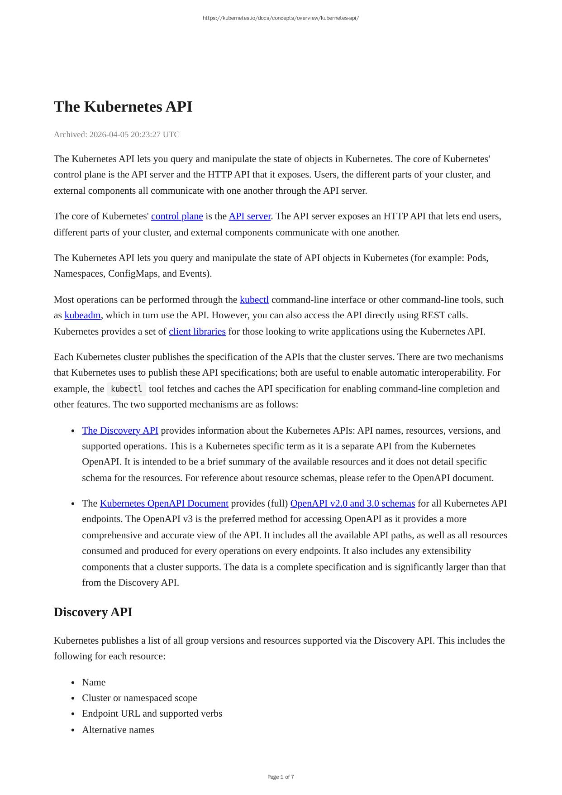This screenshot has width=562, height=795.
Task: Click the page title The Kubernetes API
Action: coord(123,107)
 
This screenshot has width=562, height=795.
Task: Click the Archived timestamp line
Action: coord(116,134)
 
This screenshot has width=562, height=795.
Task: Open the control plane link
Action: coord(177,216)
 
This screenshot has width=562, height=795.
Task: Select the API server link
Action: coord(249,216)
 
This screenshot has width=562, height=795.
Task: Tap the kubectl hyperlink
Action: coord(254,300)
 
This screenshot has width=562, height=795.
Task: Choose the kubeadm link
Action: coord(82,315)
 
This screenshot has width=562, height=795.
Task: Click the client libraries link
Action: coord(197,331)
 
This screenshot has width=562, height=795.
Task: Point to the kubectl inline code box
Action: coord(126,389)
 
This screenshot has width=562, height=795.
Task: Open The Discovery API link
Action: coord(120,431)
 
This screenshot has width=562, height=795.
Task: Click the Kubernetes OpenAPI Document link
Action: coord(164,503)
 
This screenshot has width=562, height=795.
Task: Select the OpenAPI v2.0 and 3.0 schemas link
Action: coord(352,503)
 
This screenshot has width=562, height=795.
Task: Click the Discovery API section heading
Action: coord(93,612)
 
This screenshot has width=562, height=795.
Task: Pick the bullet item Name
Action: coord(94,682)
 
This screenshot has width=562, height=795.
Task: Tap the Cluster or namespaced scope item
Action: coord(139,698)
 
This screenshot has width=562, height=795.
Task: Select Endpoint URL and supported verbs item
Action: coord(152,714)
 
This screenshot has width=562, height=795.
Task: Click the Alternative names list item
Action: coord(118,730)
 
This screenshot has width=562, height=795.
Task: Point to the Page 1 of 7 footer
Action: coord(281,777)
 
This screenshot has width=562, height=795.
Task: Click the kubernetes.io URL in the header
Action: coord(281,18)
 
